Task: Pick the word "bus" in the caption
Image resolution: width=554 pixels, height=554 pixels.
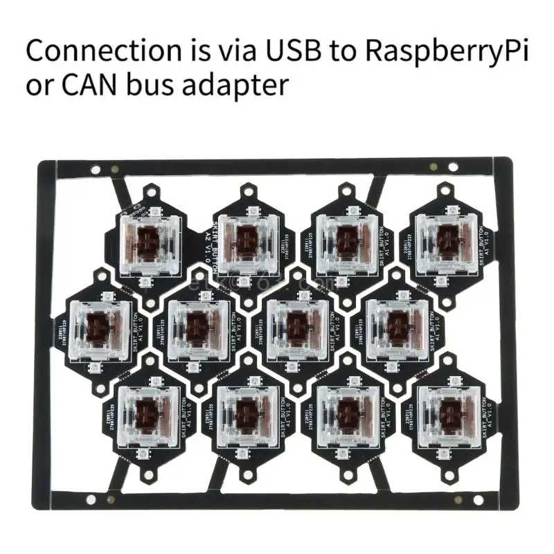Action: coord(153,85)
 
